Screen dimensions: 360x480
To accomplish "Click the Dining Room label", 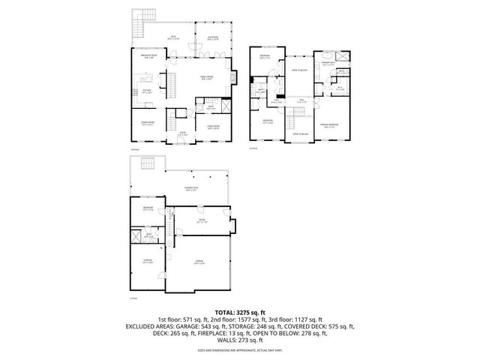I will (148, 123).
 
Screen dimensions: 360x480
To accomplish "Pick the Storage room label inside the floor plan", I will (148, 262).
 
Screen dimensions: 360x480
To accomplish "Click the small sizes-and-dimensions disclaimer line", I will (240, 349).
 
